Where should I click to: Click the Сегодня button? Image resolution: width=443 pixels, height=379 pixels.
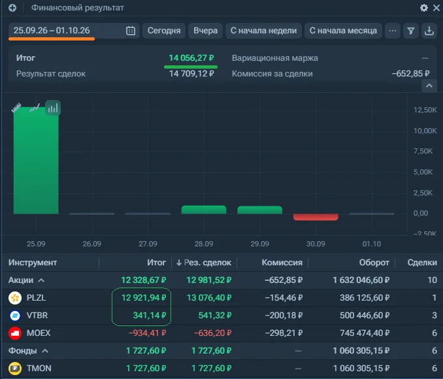[x=164, y=31]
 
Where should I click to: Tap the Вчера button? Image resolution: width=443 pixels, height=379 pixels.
[x=205, y=31]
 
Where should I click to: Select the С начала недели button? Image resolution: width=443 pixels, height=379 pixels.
[x=263, y=31]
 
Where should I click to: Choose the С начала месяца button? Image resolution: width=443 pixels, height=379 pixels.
[x=343, y=31]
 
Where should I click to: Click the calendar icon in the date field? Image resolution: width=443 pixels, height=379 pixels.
[x=131, y=31]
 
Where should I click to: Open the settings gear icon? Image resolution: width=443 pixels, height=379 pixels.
[x=424, y=8]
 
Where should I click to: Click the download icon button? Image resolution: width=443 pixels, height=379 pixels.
[x=429, y=31]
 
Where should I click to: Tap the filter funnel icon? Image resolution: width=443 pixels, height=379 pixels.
[x=411, y=31]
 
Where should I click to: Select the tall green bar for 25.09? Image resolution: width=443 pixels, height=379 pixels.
[x=36, y=160]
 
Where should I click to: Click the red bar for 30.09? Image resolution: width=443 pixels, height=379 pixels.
[x=316, y=217]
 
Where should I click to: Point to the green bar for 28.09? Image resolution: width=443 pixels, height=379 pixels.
[x=204, y=210]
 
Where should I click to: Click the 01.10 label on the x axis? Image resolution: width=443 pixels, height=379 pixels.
[x=372, y=244]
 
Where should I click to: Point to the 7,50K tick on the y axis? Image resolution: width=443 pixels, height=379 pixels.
[x=423, y=151]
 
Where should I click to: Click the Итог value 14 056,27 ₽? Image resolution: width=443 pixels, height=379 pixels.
[x=191, y=58]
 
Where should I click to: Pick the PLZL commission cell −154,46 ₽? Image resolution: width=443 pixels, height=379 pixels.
[x=284, y=297]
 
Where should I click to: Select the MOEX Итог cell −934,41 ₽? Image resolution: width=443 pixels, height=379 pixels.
[x=147, y=333]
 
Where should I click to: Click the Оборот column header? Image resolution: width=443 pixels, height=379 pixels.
[x=374, y=263]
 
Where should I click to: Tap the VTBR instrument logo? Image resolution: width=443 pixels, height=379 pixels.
[x=15, y=316]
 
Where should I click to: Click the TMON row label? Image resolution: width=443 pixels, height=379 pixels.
[x=39, y=369]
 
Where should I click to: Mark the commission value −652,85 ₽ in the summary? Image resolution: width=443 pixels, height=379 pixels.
[x=410, y=74]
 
